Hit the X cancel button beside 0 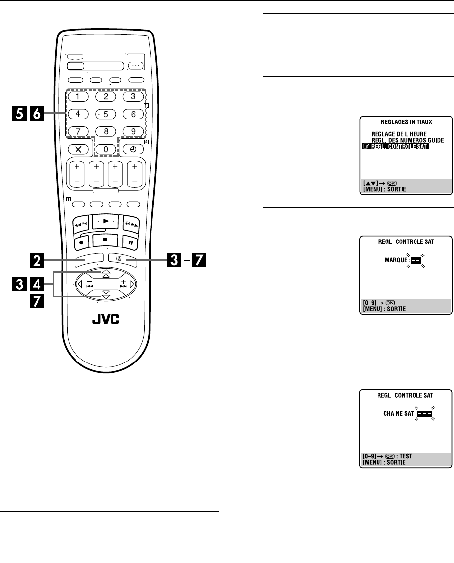(77, 149)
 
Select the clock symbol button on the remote (133, 149)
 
